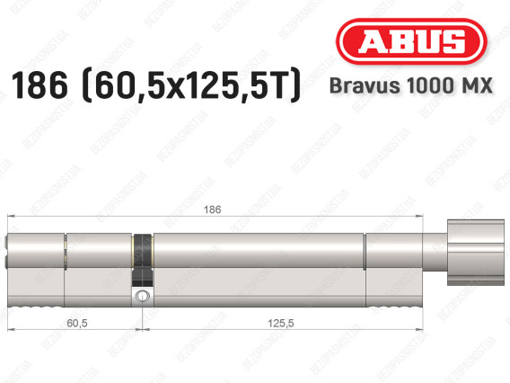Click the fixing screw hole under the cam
tap(141, 295)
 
